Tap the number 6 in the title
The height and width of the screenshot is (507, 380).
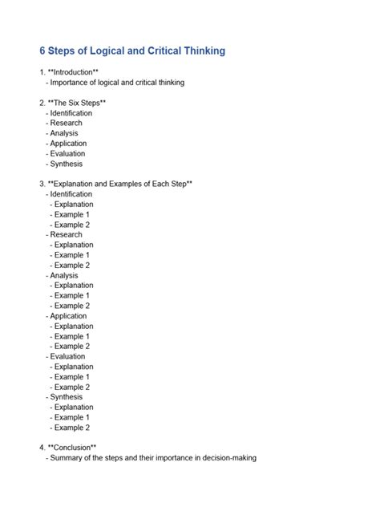43,51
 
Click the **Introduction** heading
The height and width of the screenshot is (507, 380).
73,72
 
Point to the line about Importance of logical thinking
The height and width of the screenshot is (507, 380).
117,83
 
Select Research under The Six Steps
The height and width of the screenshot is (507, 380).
66,124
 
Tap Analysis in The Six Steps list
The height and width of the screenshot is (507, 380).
64,133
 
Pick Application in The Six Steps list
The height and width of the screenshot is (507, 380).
68,144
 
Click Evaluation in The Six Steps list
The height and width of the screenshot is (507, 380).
67,153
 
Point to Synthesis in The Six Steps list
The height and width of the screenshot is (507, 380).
66,164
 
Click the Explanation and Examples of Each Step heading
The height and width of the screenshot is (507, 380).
119,184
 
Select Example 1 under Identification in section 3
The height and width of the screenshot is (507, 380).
71,214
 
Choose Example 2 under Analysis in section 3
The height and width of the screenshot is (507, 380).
71,306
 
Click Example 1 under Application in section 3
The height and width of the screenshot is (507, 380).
71,336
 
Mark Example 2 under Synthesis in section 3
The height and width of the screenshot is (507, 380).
71,428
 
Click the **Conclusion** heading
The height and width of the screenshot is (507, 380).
72,448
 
